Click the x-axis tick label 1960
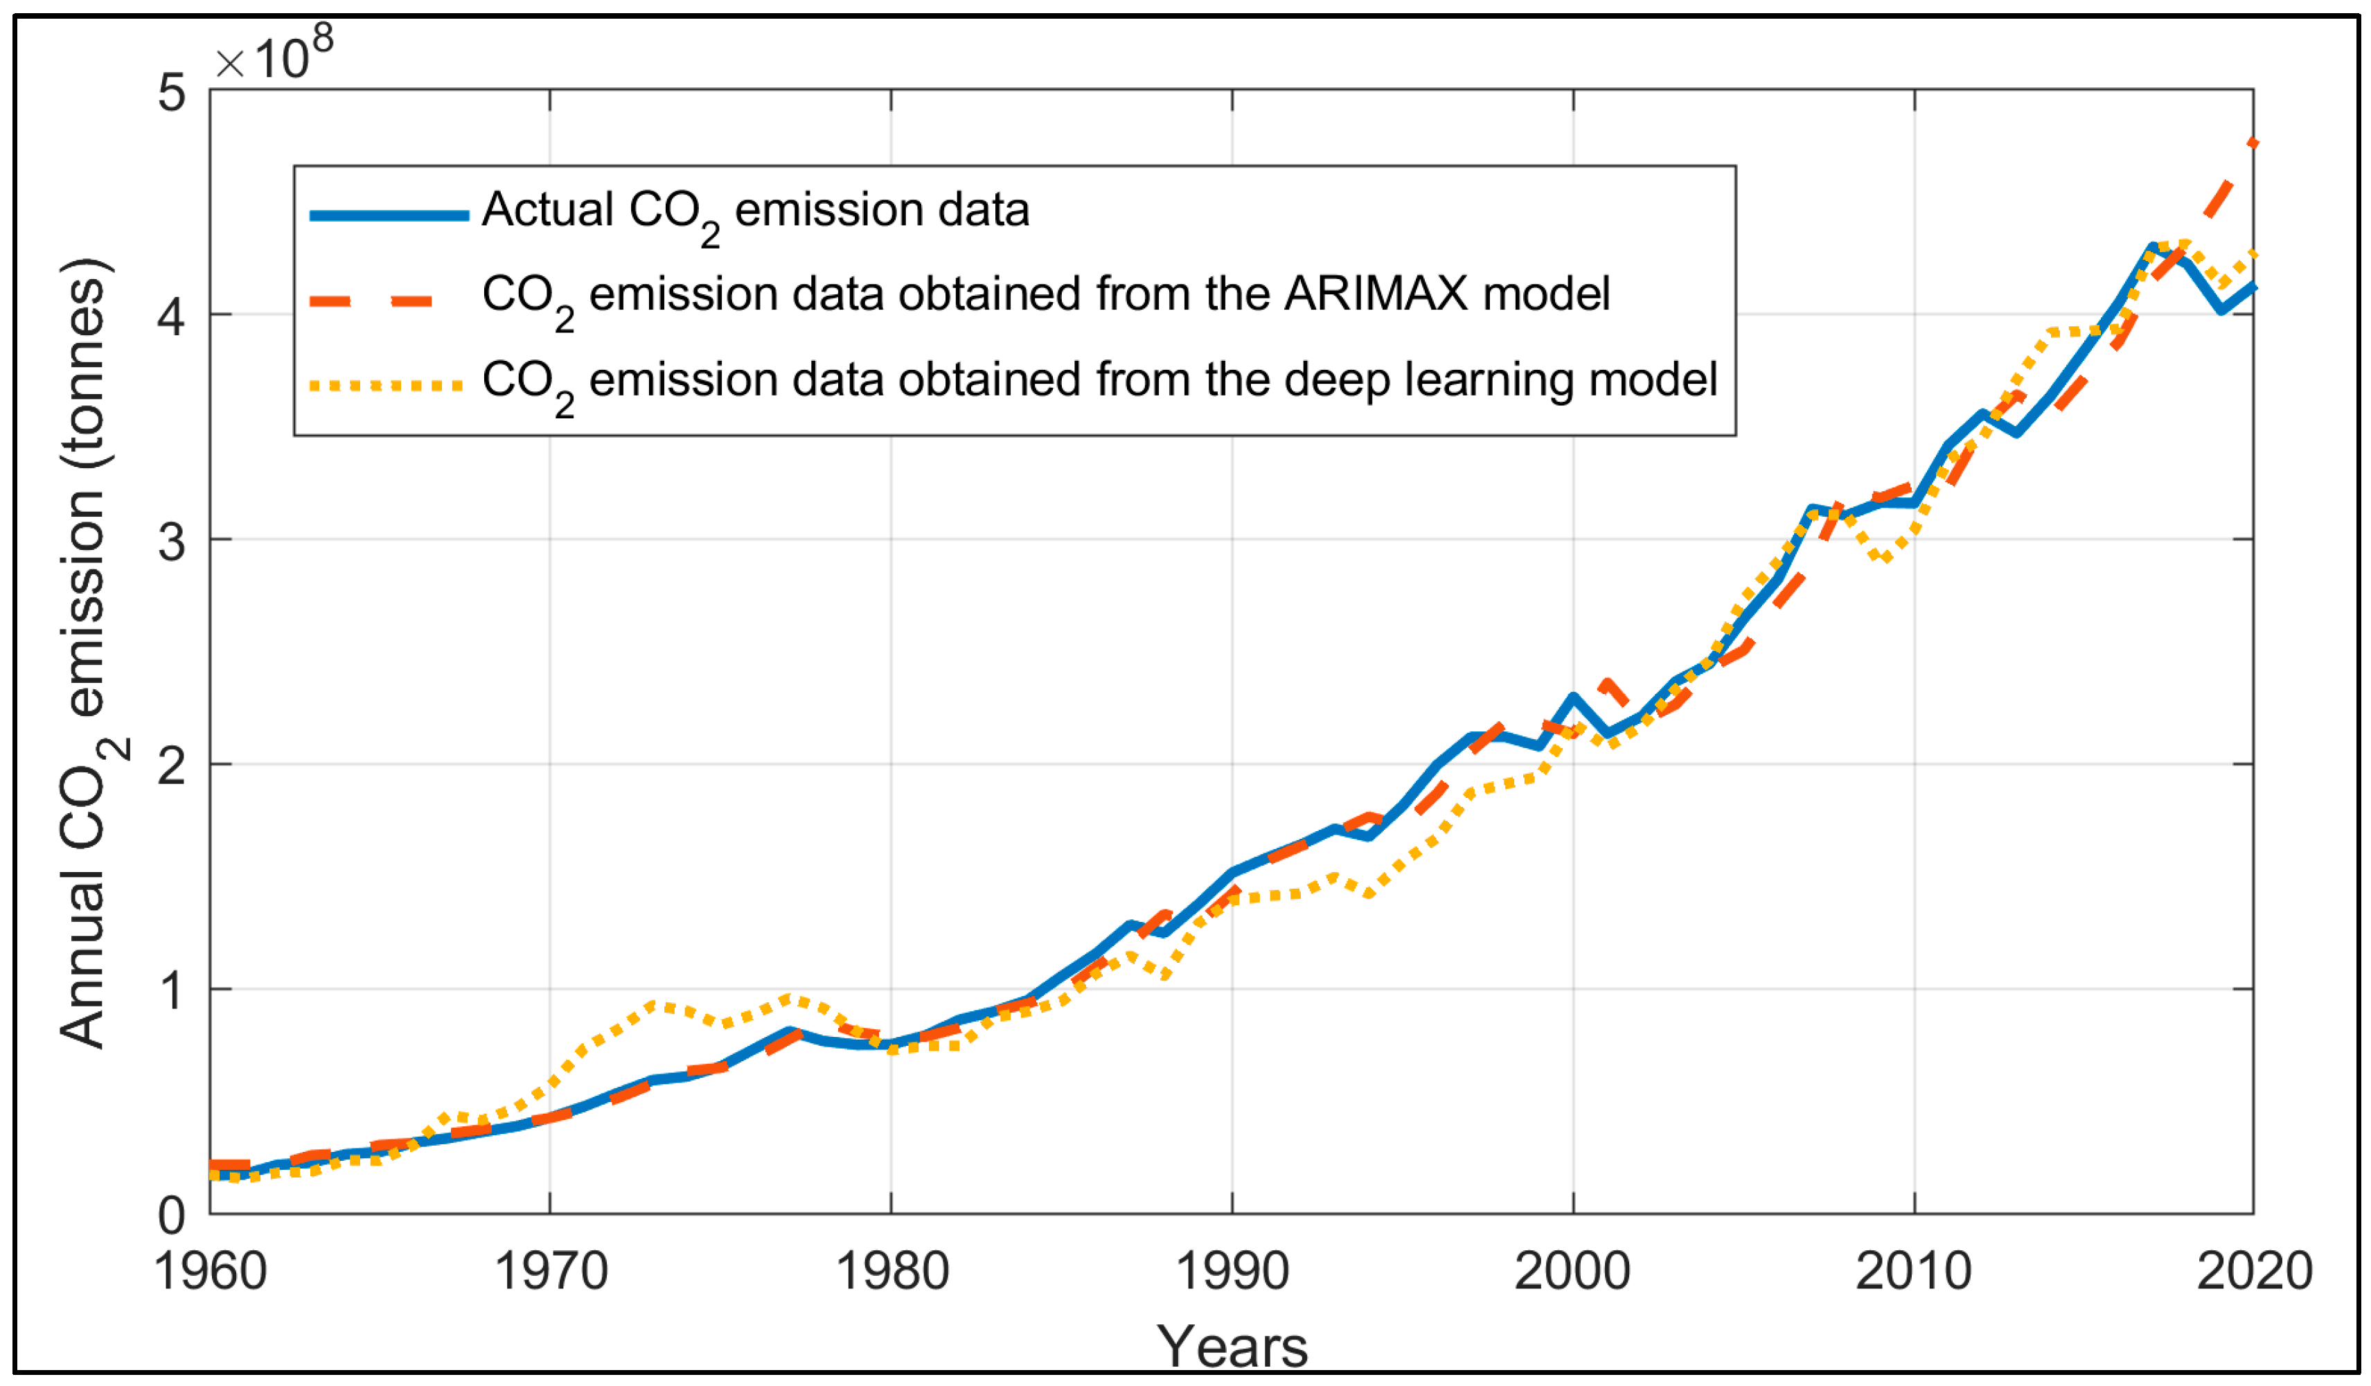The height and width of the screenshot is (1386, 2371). [x=211, y=1272]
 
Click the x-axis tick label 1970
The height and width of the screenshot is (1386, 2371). [x=551, y=1272]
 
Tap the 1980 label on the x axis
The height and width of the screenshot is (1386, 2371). [x=892, y=1272]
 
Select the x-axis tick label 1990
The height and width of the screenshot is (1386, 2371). [x=1232, y=1272]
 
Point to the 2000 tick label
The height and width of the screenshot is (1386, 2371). [x=1572, y=1272]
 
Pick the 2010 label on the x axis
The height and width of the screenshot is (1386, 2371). [x=1914, y=1272]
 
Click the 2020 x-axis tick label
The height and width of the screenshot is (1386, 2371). [x=2255, y=1272]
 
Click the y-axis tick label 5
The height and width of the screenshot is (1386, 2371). [x=171, y=92]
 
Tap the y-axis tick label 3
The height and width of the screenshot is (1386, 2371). [x=171, y=542]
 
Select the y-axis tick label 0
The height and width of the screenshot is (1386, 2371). [x=171, y=1216]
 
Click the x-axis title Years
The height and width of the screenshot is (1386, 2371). [x=1232, y=1347]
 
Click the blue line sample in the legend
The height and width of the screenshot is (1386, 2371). [x=389, y=215]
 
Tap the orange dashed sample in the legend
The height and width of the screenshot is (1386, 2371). [x=373, y=302]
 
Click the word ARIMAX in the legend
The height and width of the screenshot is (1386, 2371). [x=1376, y=294]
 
